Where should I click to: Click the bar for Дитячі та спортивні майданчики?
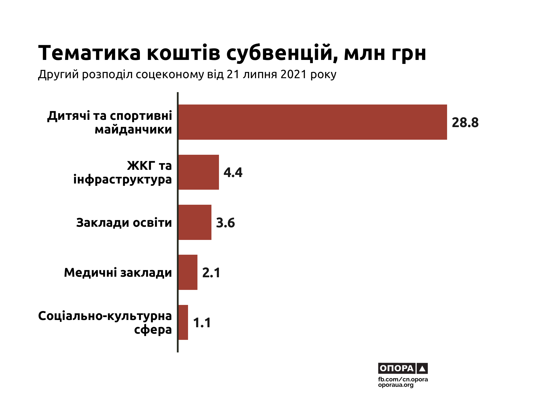point(312,122)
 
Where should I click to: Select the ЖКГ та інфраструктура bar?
point(199,172)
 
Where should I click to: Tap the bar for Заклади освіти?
point(195,222)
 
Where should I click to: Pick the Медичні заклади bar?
point(188,272)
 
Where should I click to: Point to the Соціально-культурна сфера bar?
point(183,322)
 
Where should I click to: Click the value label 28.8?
point(465,123)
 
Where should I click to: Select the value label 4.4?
point(233,172)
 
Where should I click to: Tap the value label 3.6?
point(225,223)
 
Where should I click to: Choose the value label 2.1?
point(211,273)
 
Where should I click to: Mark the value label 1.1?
point(202,323)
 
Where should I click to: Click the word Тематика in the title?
point(90,53)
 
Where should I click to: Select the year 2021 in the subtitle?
point(293,74)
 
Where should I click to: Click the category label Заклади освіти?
point(124,223)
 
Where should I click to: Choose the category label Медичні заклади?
point(118,273)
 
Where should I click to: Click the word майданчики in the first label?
point(133,130)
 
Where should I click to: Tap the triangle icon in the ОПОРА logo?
point(422,369)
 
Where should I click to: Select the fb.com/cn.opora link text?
point(403,379)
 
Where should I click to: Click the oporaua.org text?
point(396,385)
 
